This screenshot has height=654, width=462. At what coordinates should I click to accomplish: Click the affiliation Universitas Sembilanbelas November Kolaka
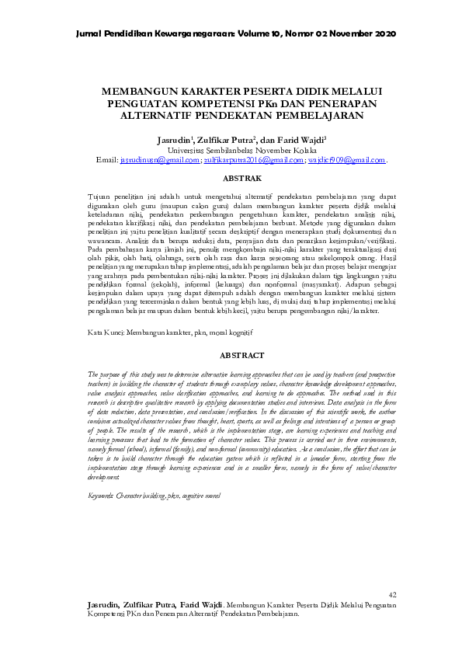pos(231,149)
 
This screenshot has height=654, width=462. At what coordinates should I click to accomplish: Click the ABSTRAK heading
pos(231,178)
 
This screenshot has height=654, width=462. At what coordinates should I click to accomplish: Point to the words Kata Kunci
pos(104,332)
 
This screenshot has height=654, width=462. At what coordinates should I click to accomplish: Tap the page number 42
pos(391,595)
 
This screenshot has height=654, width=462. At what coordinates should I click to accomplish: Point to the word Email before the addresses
pos(106,159)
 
